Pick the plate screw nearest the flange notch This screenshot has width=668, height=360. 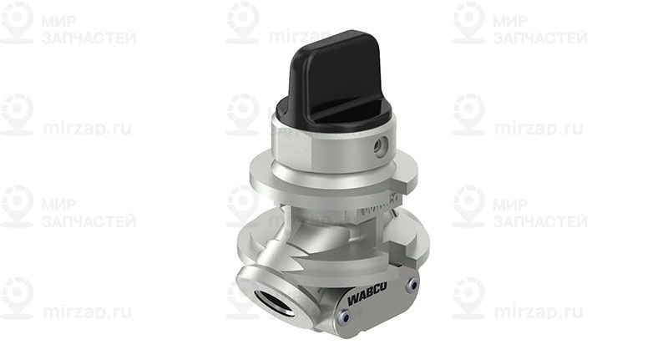[410, 284]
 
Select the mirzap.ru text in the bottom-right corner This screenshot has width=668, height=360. [538, 312]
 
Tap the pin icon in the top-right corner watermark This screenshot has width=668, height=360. [468, 22]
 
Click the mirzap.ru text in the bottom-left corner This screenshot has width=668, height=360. [87, 312]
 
